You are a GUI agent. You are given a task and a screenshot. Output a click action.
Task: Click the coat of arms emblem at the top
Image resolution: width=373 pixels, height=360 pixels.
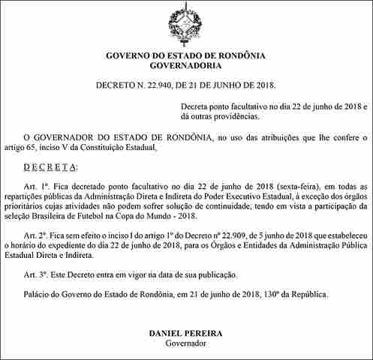186,23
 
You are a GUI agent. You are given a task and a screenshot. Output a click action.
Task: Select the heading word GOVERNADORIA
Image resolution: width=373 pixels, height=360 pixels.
186,66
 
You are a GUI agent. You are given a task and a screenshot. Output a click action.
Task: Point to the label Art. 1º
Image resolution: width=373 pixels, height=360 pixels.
35,185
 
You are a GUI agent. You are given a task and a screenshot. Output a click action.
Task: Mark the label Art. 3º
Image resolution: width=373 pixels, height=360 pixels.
35,274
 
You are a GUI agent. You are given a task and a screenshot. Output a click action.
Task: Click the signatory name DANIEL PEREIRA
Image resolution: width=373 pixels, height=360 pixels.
185,331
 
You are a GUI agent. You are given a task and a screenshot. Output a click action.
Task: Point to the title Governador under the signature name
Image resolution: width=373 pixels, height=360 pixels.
185,343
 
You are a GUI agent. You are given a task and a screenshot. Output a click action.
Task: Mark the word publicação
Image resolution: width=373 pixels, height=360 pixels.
213,274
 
